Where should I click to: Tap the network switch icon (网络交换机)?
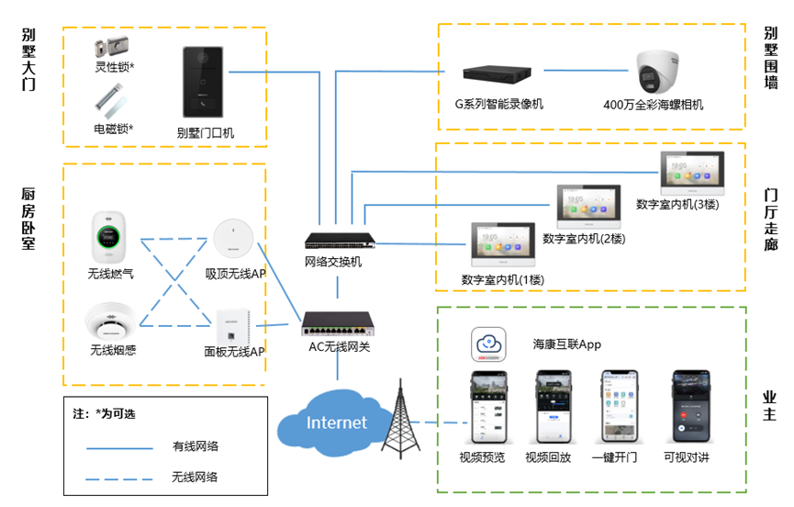coord(340,242)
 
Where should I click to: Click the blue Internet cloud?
coord(335,422)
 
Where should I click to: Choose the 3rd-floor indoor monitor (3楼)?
coord(692,173)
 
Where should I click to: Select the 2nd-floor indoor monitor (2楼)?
coord(588,207)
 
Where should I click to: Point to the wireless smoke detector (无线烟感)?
coord(110,321)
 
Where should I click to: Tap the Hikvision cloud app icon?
coord(489,345)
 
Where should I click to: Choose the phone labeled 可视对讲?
coord(689,407)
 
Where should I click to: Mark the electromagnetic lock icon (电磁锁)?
coord(111,101)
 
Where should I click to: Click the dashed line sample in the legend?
coord(120,478)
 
